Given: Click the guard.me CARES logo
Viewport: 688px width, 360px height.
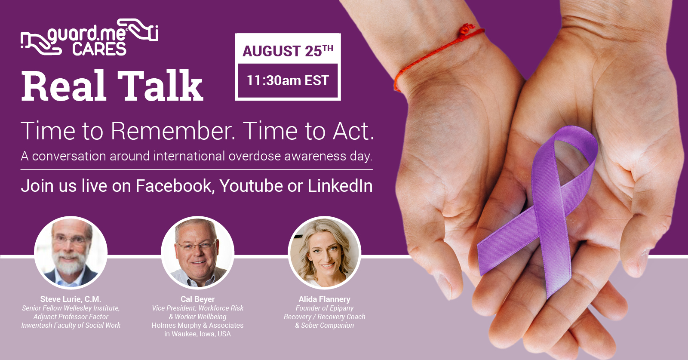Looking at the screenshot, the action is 89,37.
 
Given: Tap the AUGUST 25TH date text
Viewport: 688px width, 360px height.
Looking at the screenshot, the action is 288,51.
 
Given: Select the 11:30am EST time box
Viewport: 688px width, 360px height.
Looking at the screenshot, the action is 288,80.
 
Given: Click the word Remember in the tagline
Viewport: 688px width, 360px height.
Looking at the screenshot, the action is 173,131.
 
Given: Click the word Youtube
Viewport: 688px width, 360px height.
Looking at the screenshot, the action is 251,186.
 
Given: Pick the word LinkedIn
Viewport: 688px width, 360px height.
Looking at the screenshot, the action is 340,186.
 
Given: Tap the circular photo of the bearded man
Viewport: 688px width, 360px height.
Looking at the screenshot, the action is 71,252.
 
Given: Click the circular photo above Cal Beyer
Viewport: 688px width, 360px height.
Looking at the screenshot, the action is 197,252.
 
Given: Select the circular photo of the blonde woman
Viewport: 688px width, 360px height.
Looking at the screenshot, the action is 324,252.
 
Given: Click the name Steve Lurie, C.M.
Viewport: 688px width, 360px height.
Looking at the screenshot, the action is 71,299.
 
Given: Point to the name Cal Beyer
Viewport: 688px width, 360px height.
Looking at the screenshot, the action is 197,299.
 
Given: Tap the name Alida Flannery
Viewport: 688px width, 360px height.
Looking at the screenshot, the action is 324,299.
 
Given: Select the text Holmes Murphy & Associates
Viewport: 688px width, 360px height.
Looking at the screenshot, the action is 197,325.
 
